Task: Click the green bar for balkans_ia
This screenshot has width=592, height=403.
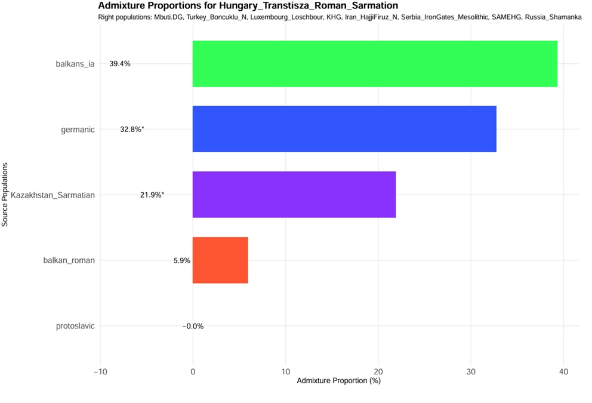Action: [x=375, y=64]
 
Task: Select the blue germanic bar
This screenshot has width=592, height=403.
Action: [x=344, y=129]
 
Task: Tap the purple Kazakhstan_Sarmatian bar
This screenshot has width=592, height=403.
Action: [x=294, y=195]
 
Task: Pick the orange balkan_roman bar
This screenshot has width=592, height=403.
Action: [x=220, y=260]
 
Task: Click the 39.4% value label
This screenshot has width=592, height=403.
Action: [x=120, y=64]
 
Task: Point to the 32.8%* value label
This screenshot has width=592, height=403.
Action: [x=132, y=129]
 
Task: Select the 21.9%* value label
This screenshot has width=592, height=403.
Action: [x=152, y=195]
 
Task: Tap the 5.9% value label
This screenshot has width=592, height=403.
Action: [x=181, y=260]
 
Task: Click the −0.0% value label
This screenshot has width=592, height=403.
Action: [x=193, y=326]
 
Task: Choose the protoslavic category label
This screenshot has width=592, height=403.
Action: [x=75, y=326]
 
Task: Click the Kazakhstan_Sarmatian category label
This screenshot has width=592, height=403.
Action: [x=53, y=195]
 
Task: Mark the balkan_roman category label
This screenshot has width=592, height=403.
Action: [x=69, y=260]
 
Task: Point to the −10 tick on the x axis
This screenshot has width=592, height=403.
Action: [x=99, y=371]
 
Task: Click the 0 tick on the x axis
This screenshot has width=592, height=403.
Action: [x=193, y=371]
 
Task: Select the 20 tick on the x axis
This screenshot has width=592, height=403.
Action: [x=378, y=371]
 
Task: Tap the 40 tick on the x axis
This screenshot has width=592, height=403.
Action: [x=563, y=371]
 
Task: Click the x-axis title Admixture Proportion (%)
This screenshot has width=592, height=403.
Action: [x=338, y=381]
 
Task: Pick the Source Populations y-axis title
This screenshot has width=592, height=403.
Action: [x=5, y=195]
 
